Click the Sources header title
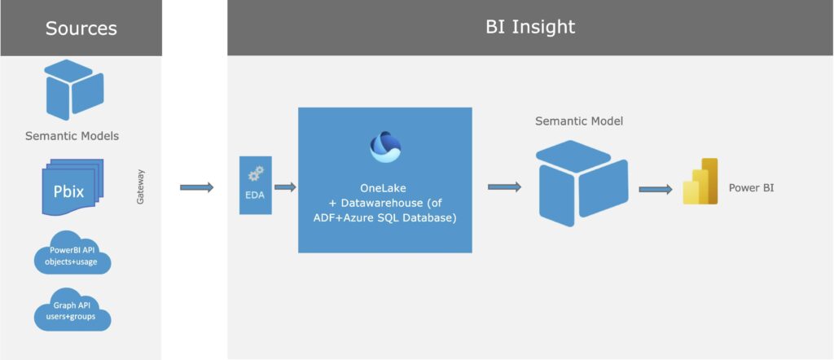point(81,29)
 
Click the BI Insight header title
point(529,27)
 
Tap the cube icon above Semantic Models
point(73,91)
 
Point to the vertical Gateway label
point(141,187)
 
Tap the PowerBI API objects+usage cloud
point(72,254)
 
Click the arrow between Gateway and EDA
point(196,187)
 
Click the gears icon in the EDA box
point(256,173)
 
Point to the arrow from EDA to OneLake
point(285,187)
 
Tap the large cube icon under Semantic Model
point(581,182)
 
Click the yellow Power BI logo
point(700,181)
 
